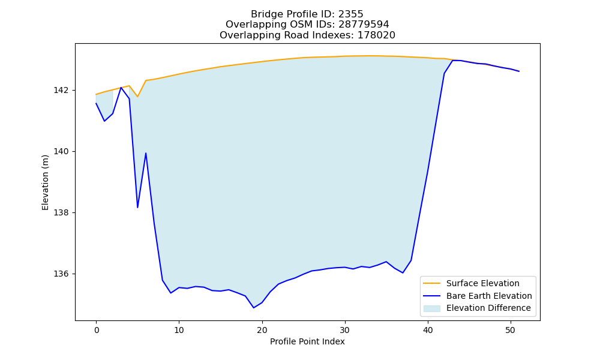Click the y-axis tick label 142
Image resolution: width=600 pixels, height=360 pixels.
click(61, 90)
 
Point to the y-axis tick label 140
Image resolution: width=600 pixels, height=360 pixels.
click(61, 151)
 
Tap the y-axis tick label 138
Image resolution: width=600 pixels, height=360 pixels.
click(61, 213)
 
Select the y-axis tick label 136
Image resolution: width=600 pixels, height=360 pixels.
click(61, 274)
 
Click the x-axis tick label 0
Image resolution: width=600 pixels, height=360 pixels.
click(96, 330)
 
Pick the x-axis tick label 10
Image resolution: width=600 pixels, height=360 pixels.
click(179, 330)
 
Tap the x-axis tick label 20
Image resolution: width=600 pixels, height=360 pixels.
click(262, 330)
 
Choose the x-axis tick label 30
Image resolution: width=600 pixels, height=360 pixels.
click(345, 330)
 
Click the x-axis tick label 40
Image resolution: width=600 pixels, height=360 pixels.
click(428, 330)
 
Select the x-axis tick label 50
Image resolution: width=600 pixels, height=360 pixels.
click(511, 330)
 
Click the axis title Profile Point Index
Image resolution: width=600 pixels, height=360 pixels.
click(307, 341)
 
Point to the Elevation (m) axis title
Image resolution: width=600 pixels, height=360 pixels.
click(45, 182)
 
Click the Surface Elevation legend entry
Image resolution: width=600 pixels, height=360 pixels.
click(483, 283)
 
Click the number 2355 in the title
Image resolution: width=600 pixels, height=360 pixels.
click(350, 14)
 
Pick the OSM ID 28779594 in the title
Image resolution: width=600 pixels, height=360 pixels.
click(364, 25)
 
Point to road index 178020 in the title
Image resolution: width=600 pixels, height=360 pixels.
click(376, 35)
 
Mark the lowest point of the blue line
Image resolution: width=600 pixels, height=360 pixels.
click(253, 308)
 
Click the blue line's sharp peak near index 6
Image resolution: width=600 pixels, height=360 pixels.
click(146, 153)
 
